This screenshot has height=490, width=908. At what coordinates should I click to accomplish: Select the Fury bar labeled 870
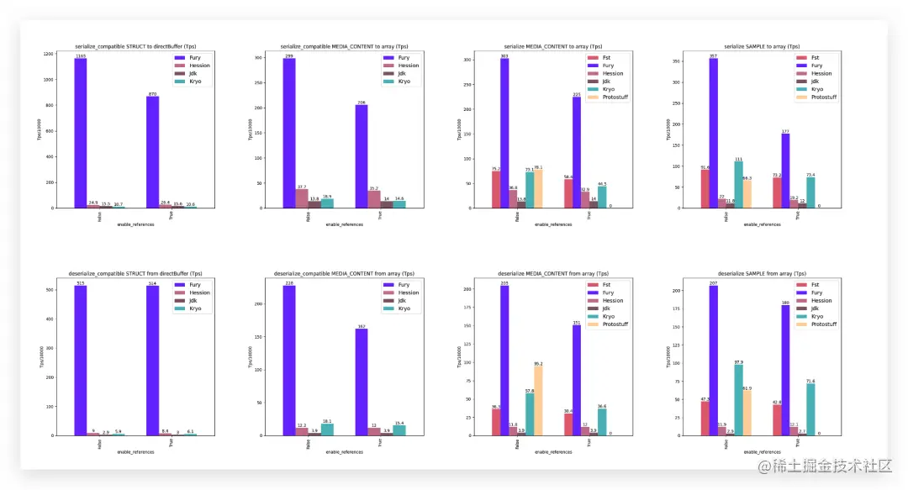[x=152, y=152]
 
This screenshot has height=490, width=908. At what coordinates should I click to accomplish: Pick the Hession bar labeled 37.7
[x=302, y=198]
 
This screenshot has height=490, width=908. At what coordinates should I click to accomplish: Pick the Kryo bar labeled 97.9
[x=738, y=400]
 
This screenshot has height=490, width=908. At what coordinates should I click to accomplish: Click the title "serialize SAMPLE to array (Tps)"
[x=752, y=46]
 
